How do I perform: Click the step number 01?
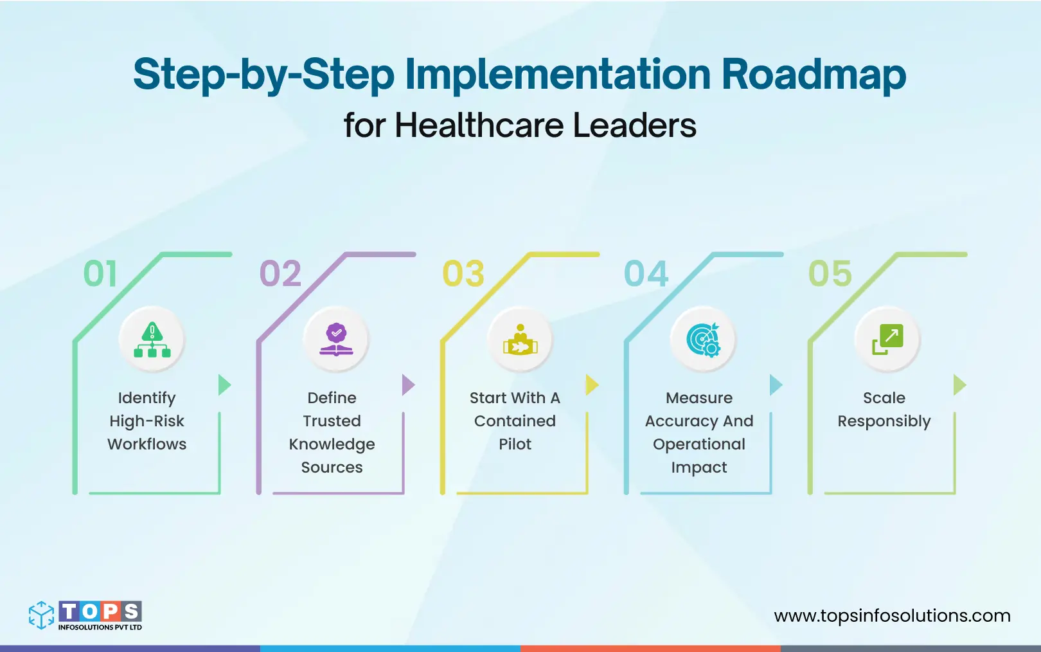(100, 274)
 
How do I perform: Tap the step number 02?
(280, 274)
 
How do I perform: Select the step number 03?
(463, 274)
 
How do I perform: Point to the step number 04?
(646, 274)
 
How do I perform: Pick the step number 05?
(830, 274)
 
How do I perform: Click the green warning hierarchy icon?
(152, 340)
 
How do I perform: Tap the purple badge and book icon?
(336, 340)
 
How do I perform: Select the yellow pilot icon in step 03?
(520, 340)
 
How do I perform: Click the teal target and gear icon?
(704, 340)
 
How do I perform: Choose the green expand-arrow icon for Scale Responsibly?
(887, 340)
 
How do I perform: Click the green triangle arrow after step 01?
(224, 385)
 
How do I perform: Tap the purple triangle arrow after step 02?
(408, 385)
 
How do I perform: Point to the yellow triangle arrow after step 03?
(592, 385)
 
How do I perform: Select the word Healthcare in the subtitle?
(481, 125)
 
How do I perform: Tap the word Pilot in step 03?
(515, 444)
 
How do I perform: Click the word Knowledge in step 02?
(332, 445)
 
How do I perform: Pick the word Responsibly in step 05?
(884, 422)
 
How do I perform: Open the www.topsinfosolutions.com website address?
(892, 616)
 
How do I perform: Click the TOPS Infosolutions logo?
(85, 615)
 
